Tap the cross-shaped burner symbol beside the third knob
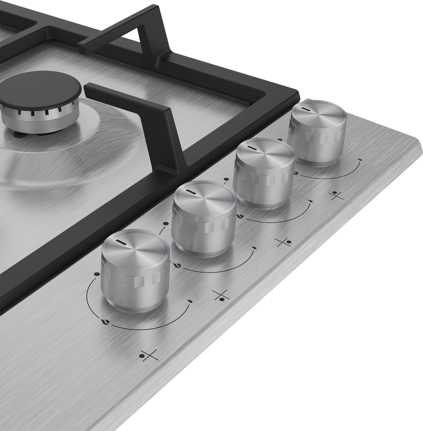click(283, 242)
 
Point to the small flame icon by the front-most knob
click(190, 301)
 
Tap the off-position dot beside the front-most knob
click(97, 274)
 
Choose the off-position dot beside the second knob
click(165, 223)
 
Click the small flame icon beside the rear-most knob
click(360, 159)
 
